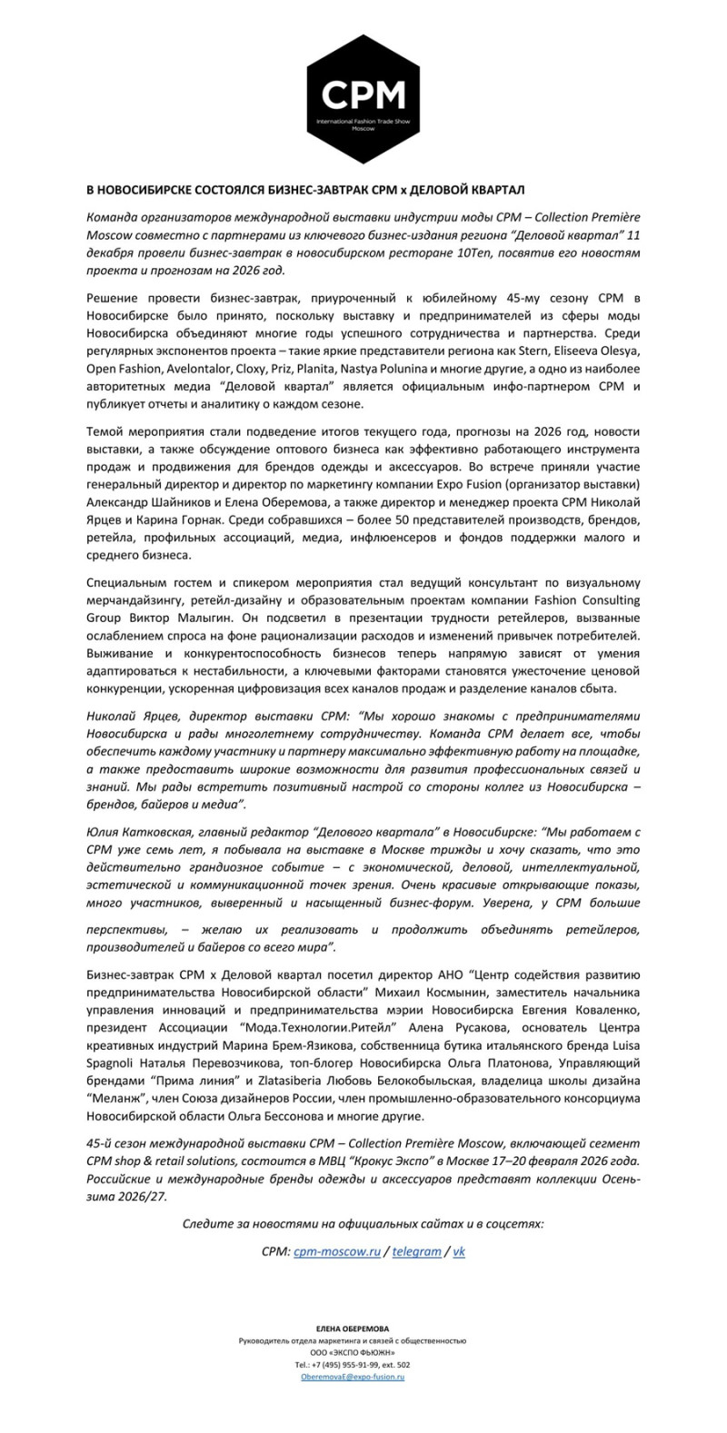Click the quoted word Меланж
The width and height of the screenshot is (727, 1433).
point(111,1100)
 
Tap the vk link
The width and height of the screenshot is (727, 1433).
point(459,1250)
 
